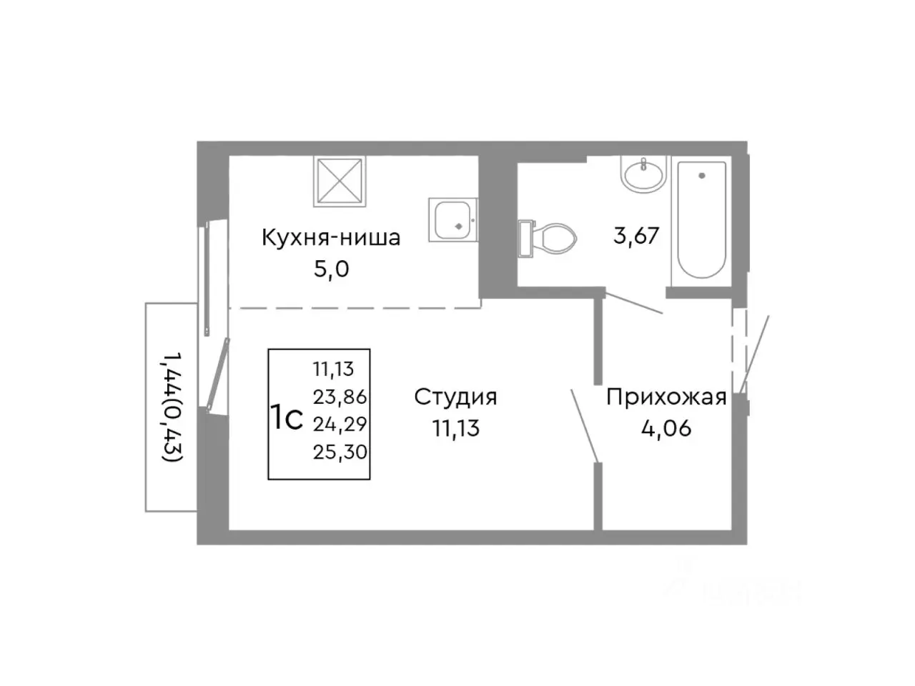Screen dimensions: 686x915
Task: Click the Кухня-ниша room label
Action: [330, 237]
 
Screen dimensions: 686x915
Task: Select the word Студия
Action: [455, 397]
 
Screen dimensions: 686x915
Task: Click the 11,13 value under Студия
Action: [455, 428]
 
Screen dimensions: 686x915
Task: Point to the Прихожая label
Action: [666, 397]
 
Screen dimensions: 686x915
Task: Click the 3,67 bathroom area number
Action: [635, 235]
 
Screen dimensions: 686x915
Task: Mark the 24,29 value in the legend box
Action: [340, 424]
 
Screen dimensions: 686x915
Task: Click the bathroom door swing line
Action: [633, 302]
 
